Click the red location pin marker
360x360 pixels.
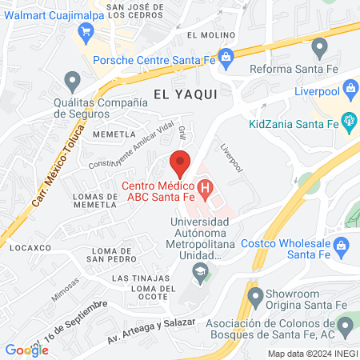pyautogui.click(x=180, y=162)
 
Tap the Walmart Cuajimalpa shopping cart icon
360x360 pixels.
pyautogui.click(x=86, y=31)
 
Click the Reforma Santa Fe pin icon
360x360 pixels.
pyautogui.click(x=318, y=46)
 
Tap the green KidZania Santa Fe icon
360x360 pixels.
pyautogui.click(x=348, y=120)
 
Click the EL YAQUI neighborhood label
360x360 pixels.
pyautogui.click(x=185, y=93)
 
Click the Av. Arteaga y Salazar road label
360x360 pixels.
pyautogui.click(x=152, y=332)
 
